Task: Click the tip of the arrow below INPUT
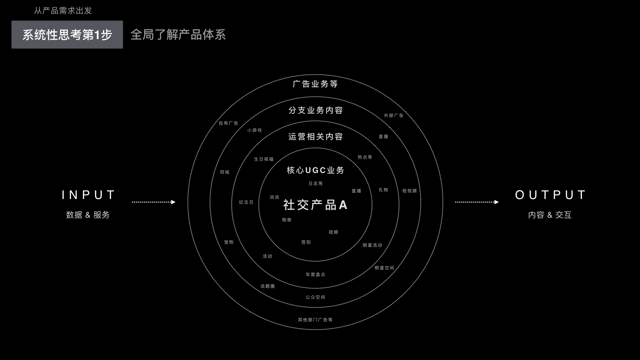tap(175, 202)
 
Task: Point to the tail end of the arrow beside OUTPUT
tap(455, 202)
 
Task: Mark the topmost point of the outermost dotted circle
tap(315, 75)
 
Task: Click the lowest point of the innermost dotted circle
tap(315, 261)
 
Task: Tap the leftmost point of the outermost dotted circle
tap(188, 202)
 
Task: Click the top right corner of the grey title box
tap(123, 21)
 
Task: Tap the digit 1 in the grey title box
tap(97, 35)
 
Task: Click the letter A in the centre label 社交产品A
tap(343, 205)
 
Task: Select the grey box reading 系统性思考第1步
tap(67, 35)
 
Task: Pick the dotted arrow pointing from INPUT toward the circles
tap(154, 202)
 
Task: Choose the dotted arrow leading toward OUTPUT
tap(477, 202)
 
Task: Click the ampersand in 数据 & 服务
tap(88, 215)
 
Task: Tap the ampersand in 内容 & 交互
tap(550, 215)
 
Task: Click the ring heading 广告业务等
tap(315, 84)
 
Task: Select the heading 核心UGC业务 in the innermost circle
tap(315, 170)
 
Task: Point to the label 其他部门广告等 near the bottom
tap(315, 320)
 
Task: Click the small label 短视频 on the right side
tap(410, 191)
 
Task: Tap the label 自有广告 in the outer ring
tap(229, 123)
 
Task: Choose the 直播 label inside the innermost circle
tap(357, 191)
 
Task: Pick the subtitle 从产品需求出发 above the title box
tap(63, 11)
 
